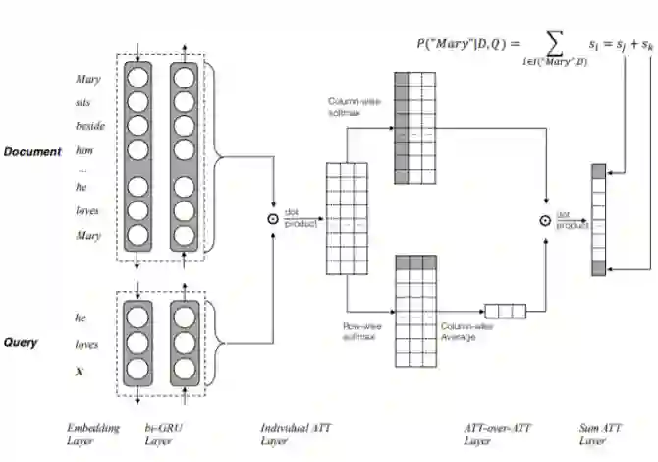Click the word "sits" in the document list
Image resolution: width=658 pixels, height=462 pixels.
pyautogui.click(x=84, y=101)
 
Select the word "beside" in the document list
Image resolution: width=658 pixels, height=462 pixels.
pyautogui.click(x=89, y=126)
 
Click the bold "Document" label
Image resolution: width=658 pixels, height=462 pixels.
pyautogui.click(x=32, y=151)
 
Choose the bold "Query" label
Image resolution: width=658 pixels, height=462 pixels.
pyautogui.click(x=22, y=343)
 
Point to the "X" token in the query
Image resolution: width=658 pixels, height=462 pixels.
pyautogui.click(x=80, y=372)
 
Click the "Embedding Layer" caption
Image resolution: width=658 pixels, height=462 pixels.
pyautogui.click(x=93, y=433)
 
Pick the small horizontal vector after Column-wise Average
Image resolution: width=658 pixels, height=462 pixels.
pyautogui.click(x=505, y=312)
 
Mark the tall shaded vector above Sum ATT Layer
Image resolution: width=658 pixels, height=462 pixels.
pyautogui.click(x=598, y=221)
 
